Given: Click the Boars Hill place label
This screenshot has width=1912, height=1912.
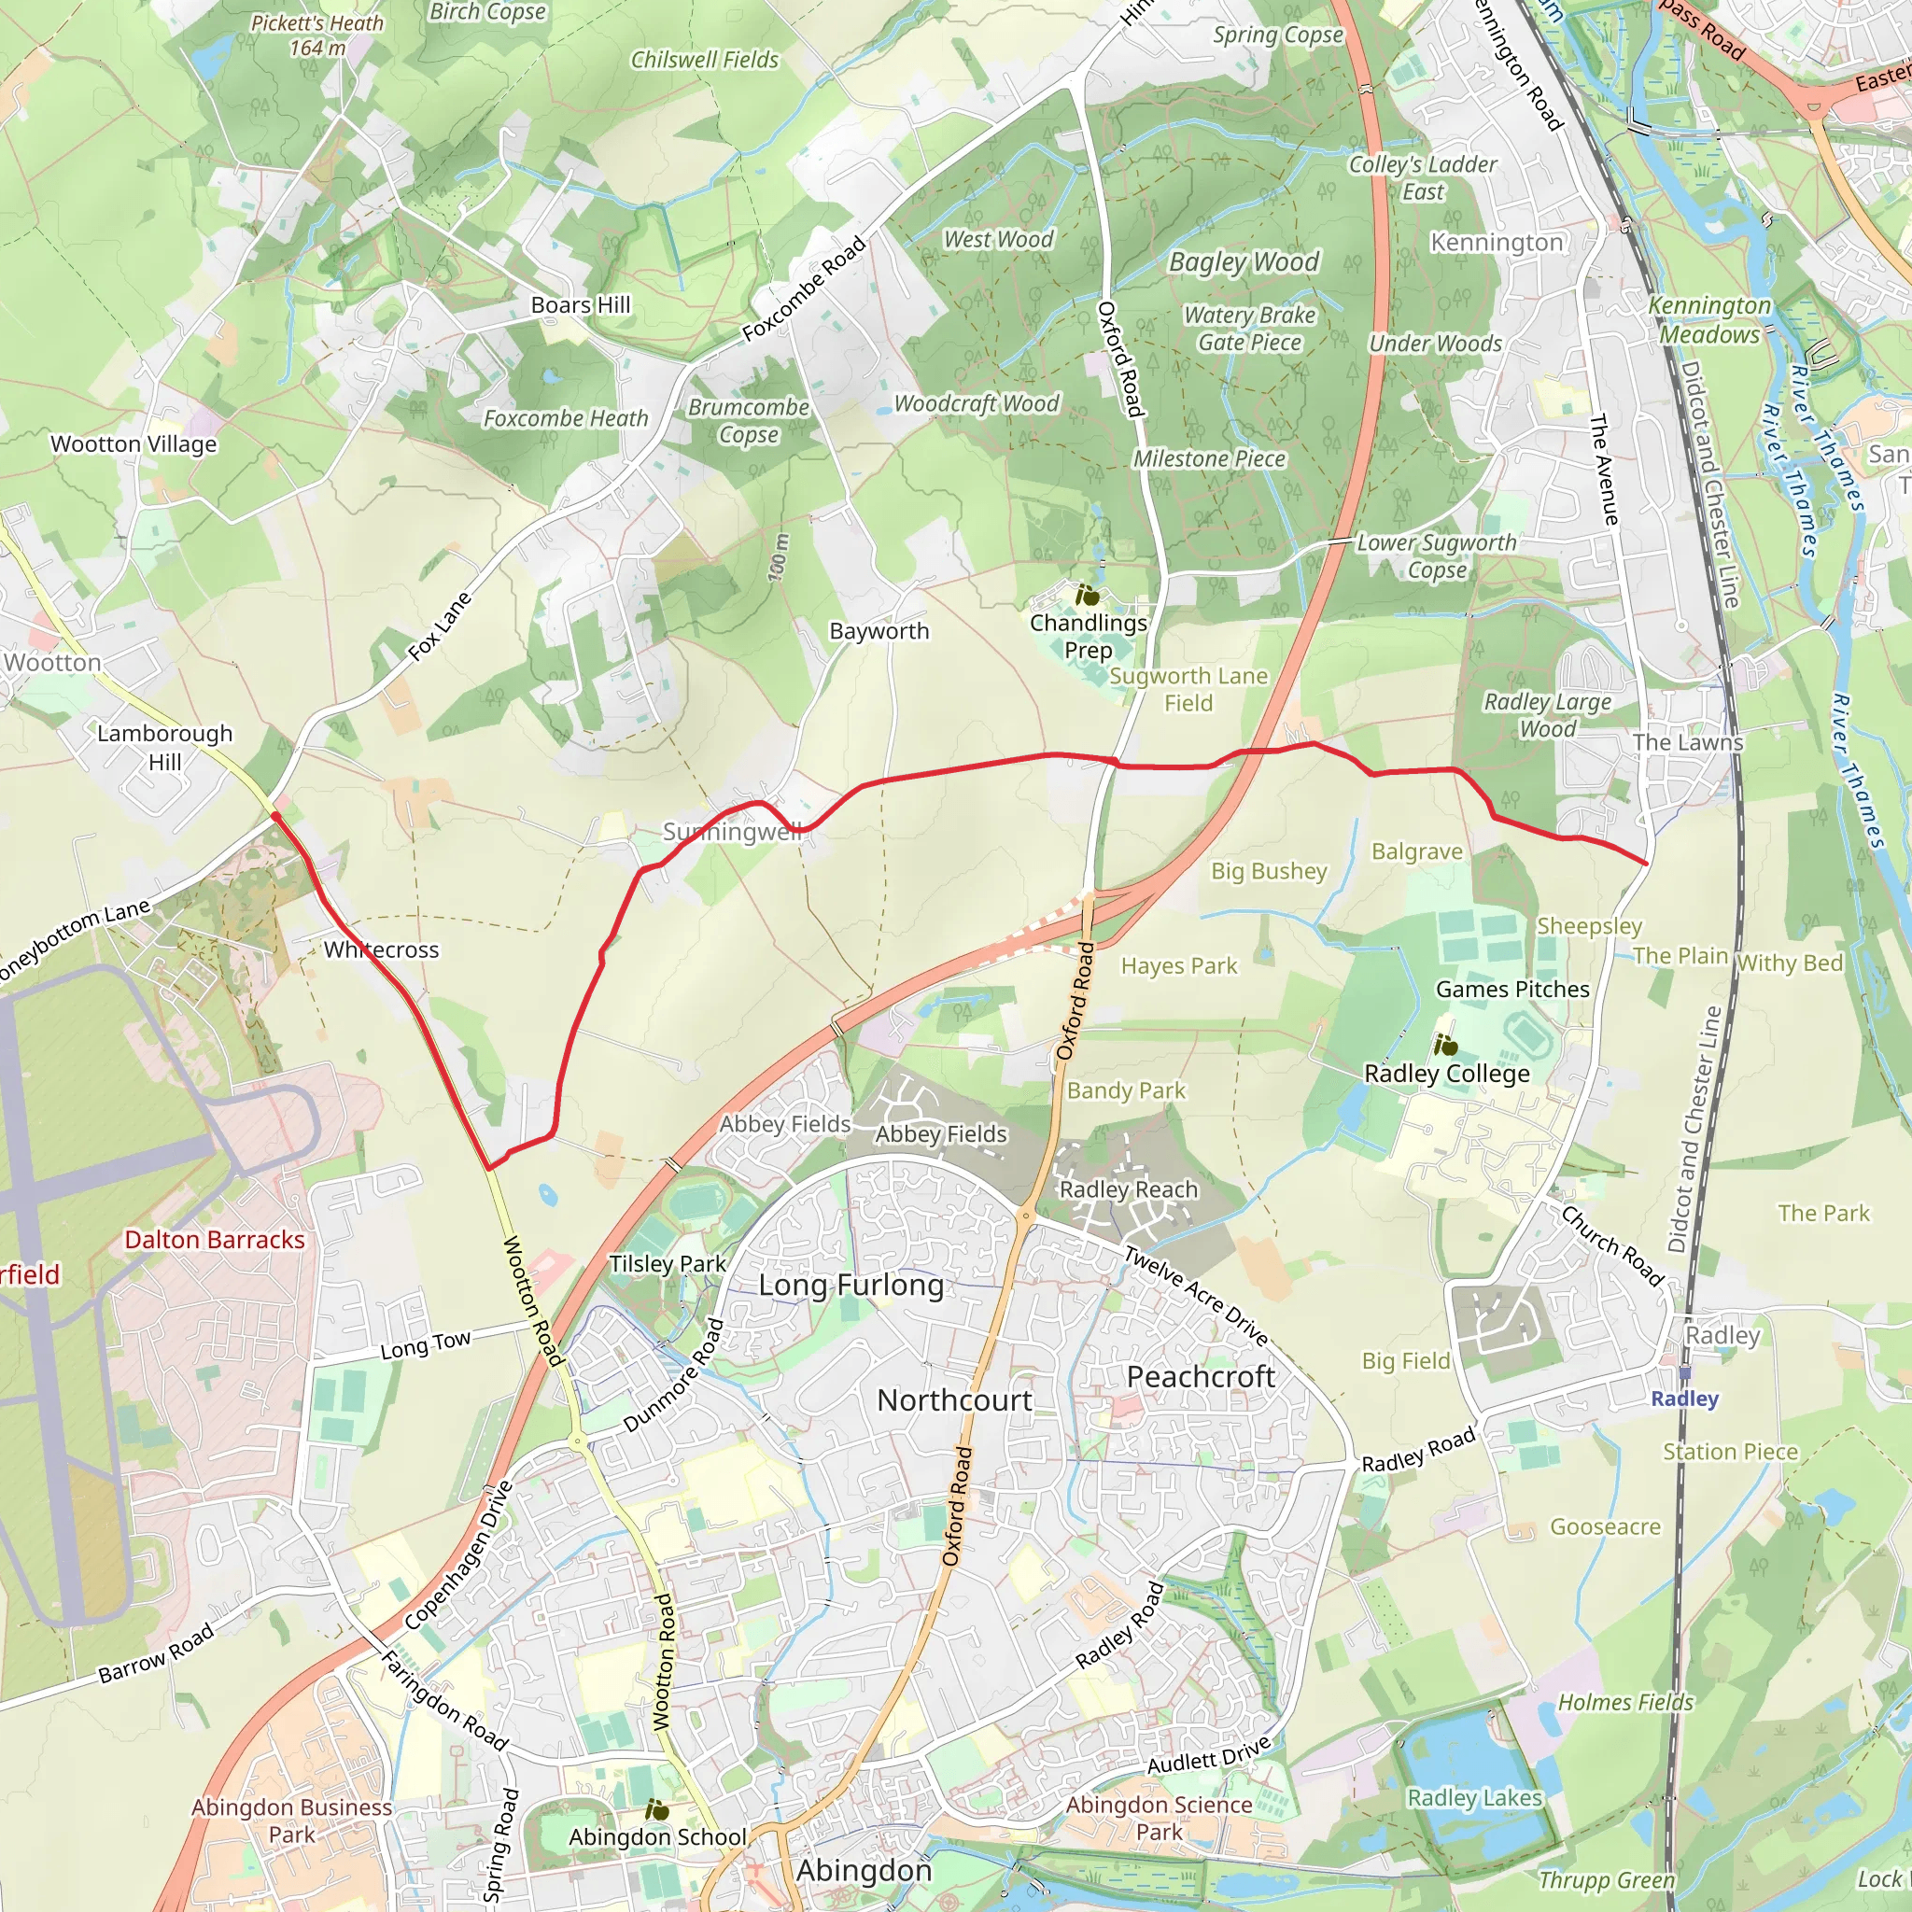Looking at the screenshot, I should [580, 304].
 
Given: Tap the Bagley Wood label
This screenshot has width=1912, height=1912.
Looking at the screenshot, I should [1244, 262].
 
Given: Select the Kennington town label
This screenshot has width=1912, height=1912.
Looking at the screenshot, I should [1497, 243].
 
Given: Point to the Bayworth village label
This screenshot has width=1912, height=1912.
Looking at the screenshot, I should [879, 631].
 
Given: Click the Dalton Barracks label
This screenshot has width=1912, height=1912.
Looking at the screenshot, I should [215, 1240].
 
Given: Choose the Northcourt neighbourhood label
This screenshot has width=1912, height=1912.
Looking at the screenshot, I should [954, 1400].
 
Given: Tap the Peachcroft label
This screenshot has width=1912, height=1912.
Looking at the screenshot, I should [1201, 1377].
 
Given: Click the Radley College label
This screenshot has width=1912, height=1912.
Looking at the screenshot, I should [1446, 1074].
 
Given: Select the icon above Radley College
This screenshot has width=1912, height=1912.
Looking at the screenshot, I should [1445, 1045].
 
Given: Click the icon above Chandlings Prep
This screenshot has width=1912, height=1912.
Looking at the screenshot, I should [1088, 596].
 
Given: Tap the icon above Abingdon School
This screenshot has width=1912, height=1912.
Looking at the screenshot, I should [656, 1810].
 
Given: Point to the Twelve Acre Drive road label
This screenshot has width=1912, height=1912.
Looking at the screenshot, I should [1196, 1296].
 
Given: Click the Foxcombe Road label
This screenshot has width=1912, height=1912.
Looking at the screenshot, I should [804, 289].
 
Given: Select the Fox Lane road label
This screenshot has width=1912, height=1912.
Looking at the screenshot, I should [440, 626].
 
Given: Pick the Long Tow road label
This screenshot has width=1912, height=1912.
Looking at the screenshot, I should [426, 1345].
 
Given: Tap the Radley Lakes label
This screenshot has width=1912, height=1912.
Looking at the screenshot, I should [1474, 1798].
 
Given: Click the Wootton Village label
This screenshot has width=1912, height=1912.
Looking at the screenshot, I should [134, 444].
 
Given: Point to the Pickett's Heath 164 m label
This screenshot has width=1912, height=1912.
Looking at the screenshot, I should [316, 35].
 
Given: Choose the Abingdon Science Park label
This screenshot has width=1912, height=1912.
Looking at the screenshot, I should [1158, 1818].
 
